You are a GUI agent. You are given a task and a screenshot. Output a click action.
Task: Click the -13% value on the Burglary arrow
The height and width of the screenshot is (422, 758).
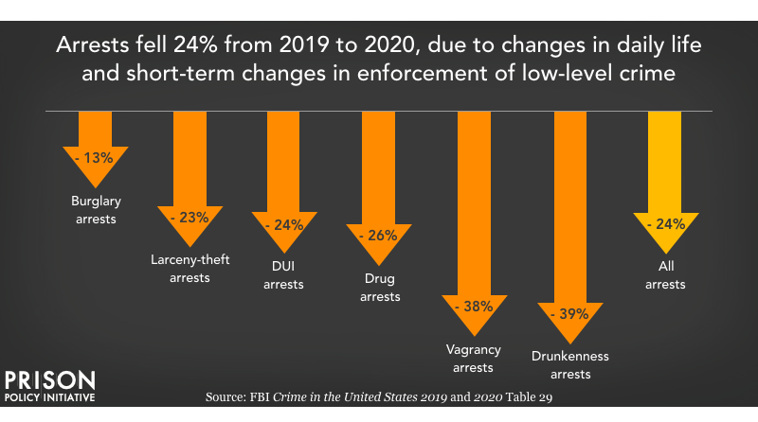pyautogui.click(x=95, y=158)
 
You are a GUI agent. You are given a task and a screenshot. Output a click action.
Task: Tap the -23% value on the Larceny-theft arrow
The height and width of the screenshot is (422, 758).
pyautogui.click(x=189, y=218)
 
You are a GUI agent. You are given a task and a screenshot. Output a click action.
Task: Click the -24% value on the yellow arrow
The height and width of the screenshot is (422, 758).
pyautogui.click(x=664, y=225)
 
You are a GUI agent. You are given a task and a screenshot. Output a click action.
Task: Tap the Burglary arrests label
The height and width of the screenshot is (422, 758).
pyautogui.click(x=95, y=209)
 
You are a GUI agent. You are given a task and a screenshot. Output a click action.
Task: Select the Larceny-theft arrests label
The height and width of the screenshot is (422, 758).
pyautogui.click(x=189, y=269)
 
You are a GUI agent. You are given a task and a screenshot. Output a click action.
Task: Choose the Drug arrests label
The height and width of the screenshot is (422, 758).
pyautogui.click(x=379, y=288)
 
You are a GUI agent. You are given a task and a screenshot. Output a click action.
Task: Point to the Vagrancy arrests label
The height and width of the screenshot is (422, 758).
pyautogui.click(x=473, y=358)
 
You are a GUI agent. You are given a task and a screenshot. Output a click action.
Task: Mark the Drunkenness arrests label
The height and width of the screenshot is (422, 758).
pyautogui.click(x=569, y=365)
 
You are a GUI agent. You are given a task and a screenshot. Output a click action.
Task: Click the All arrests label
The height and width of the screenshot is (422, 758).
pyautogui.click(x=664, y=276)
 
